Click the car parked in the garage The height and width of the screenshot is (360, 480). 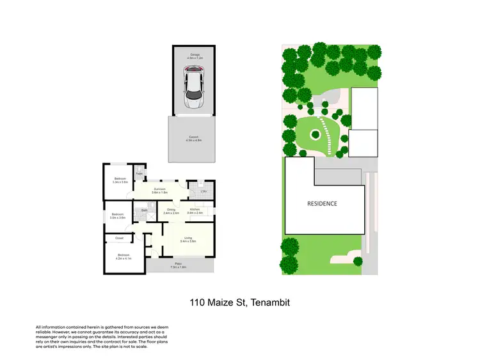click(x=193, y=89)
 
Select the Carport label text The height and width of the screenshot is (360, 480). click(x=193, y=138)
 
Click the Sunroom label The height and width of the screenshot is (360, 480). click(x=159, y=189)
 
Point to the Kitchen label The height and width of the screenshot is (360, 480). click(x=195, y=210)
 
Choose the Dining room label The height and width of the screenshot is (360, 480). click(x=171, y=210)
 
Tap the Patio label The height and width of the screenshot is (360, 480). click(x=178, y=264)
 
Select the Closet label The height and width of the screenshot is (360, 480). click(x=119, y=238)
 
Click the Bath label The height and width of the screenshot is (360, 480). click(x=145, y=210)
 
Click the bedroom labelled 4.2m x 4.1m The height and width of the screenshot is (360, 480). click(x=123, y=256)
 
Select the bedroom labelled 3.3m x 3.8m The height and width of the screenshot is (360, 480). click(x=120, y=180)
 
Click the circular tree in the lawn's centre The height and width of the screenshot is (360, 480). click(x=316, y=134)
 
